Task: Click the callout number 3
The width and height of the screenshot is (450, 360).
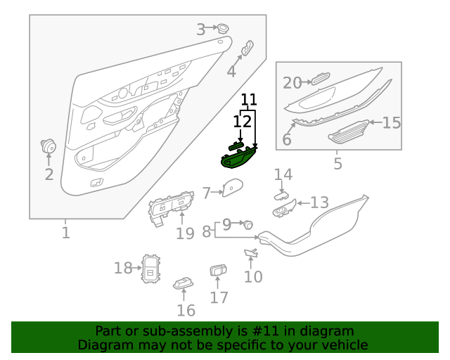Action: coord(200,30)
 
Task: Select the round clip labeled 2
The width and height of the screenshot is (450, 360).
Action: coord(49,147)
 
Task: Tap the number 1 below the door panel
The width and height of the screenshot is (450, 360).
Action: coord(65,232)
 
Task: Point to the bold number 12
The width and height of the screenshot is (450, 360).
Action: coord(242,122)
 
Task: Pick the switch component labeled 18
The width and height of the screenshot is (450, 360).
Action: coord(151,268)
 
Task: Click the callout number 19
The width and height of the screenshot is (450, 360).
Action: coord(185,233)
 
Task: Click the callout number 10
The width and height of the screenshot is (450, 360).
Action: coord(253,276)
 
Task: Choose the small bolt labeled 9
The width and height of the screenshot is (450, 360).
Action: coord(247,225)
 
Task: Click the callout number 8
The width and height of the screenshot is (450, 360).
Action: coord(207,231)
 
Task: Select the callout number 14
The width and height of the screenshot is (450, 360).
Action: coord(283,174)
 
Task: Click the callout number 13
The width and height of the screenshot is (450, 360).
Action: coord(319,202)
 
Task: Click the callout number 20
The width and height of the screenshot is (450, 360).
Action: coord(292,83)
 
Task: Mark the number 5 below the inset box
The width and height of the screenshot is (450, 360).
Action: coord(337,164)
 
